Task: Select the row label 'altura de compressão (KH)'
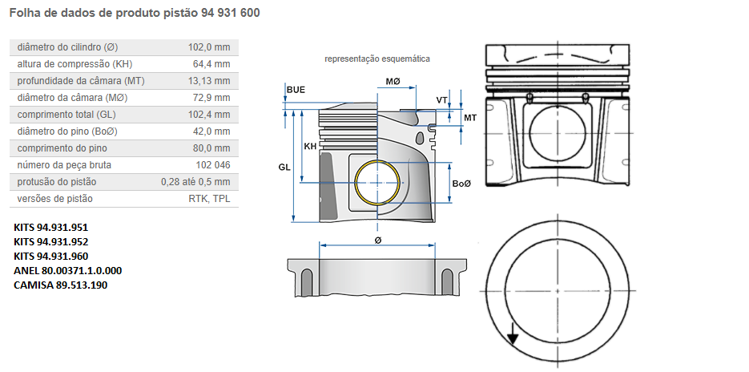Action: [74, 64]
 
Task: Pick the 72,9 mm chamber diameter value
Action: [211, 98]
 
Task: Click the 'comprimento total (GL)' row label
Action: [67, 115]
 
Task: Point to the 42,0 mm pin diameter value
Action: [211, 131]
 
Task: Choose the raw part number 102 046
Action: [212, 165]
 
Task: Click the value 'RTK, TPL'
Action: [209, 199]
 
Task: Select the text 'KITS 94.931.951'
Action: [51, 228]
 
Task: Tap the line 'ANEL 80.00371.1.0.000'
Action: [68, 271]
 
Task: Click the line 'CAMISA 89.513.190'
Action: [60, 285]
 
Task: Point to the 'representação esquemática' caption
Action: [377, 59]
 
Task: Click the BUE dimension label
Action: [296, 89]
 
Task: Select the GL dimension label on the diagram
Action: [284, 167]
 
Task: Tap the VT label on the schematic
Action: [441, 100]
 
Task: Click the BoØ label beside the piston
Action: [461, 184]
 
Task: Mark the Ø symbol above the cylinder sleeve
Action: [377, 240]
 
